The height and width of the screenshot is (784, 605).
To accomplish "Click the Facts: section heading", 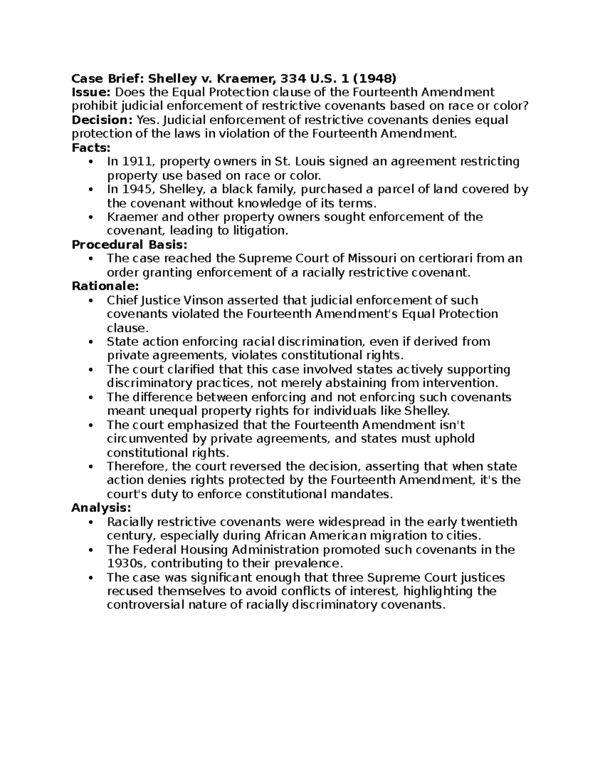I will pyautogui.click(x=91, y=147).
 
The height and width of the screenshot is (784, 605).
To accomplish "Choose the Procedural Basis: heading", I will pyautogui.click(x=130, y=245).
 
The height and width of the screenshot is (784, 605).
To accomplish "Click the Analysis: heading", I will pyautogui.click(x=101, y=507).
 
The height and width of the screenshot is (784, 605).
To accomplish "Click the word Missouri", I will pyautogui.click(x=372, y=258).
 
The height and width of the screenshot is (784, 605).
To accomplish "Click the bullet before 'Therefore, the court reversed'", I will pyautogui.click(x=91, y=466).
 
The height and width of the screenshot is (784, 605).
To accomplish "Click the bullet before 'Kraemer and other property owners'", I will pyautogui.click(x=91, y=217).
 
